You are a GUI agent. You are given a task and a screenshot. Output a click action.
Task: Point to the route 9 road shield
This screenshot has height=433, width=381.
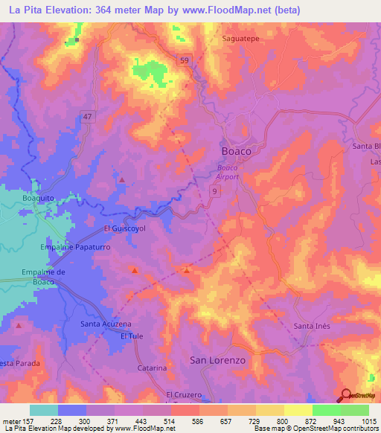pos(214,192)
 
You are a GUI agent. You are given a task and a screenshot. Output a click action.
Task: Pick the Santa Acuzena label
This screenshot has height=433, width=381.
pos(106,324)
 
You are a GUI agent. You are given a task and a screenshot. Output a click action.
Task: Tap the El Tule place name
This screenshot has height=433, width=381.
pos(132,336)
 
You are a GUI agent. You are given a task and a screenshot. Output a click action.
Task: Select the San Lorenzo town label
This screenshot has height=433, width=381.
pos(217,360)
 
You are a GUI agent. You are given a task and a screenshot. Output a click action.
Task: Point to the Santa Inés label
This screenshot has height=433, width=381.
pos(313,327)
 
